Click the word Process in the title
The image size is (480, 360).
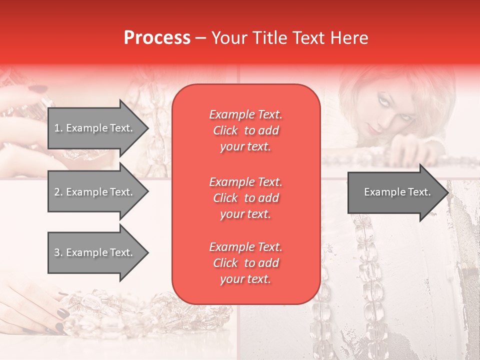point(157,38)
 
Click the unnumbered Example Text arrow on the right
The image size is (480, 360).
point(397,192)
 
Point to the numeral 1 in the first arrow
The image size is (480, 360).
point(56,128)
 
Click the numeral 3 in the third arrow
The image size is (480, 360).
point(57,252)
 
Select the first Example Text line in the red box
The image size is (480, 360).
point(245,114)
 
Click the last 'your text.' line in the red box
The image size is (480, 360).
point(245,279)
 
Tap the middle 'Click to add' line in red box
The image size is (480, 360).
point(245,198)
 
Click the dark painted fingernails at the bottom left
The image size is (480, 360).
point(62,314)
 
